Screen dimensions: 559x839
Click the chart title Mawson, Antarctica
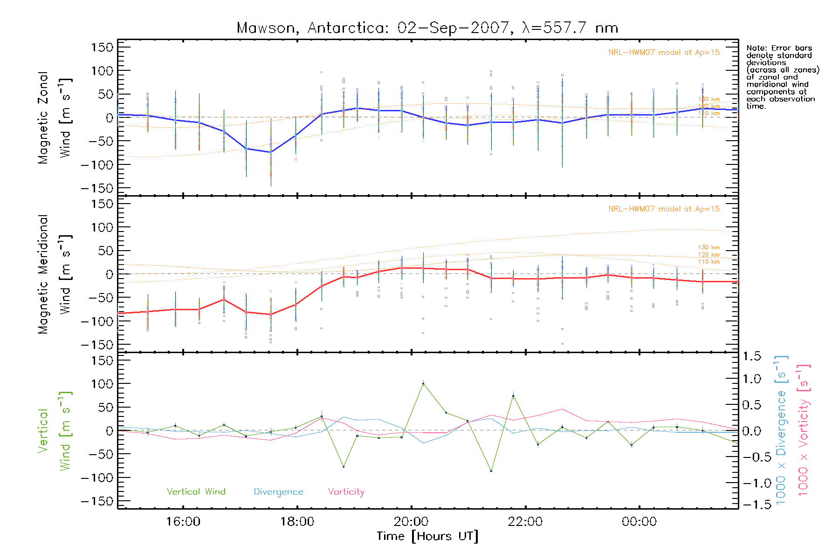point(427,28)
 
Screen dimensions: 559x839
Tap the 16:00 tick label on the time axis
point(183,521)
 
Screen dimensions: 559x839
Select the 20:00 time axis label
point(411,521)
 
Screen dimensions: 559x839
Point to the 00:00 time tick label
point(639,521)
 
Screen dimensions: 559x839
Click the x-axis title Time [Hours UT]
point(427,536)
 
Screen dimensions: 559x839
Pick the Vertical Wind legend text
point(196,491)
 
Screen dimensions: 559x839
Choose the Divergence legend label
point(278,491)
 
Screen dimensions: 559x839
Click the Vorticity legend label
point(346,491)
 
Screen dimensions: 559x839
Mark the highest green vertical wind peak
point(423,383)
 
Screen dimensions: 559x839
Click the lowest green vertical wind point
point(491,471)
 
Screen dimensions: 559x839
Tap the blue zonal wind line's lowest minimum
point(271,152)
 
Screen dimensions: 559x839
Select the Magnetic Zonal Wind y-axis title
point(54,118)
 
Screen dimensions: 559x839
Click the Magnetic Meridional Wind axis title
point(54,274)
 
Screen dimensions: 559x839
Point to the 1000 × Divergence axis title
point(781,430)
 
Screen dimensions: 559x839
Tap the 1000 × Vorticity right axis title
point(803,430)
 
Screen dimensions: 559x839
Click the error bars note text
point(782,77)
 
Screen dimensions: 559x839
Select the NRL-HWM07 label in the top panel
point(664,53)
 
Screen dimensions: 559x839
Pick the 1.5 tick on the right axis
point(751,356)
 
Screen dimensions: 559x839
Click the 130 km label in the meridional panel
point(708,247)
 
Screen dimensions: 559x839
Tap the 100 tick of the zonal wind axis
point(102,71)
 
